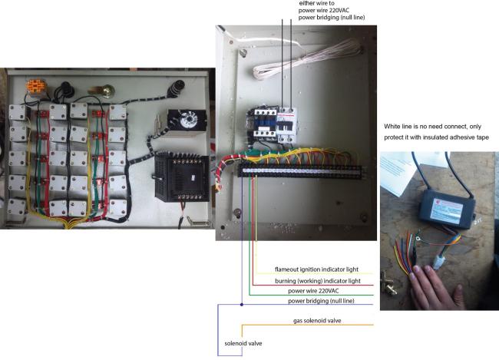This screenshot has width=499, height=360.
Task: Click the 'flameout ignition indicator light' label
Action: click(316, 269)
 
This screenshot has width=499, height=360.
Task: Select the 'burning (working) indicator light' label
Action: click(318, 281)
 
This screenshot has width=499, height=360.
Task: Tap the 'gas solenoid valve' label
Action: click(317, 321)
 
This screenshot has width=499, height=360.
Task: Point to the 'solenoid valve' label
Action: click(243, 343)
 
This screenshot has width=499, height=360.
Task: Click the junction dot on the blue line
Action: click(242, 305)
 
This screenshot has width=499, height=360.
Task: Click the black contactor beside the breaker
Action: click(263, 124)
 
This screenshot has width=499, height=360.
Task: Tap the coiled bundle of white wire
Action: click(307, 59)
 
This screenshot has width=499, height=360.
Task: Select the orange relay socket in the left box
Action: click(35, 86)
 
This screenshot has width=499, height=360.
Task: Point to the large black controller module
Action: click(181, 177)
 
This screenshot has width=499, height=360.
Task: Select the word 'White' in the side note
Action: click(392, 127)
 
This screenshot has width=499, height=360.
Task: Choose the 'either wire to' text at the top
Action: click(316, 3)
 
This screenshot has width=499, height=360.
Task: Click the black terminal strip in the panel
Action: click(301, 172)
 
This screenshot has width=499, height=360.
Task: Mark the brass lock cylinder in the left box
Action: click(107, 91)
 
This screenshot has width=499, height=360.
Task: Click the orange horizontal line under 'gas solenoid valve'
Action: click(307, 325)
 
